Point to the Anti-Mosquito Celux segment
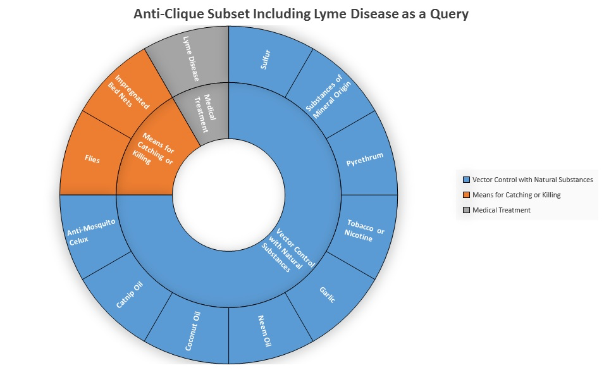pyautogui.click(x=92, y=233)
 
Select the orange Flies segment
pyautogui.click(x=92, y=158)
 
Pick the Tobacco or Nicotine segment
pyautogui.click(x=365, y=231)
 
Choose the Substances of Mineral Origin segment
pyautogui.click(x=330, y=94)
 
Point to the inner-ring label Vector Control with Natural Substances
pyautogui.click(x=288, y=250)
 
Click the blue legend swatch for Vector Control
pyautogui.click(x=467, y=180)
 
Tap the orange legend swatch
pyautogui.click(x=467, y=195)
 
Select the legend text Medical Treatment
pyautogui.click(x=502, y=210)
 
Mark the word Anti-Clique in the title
pyautogui.click(x=169, y=14)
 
